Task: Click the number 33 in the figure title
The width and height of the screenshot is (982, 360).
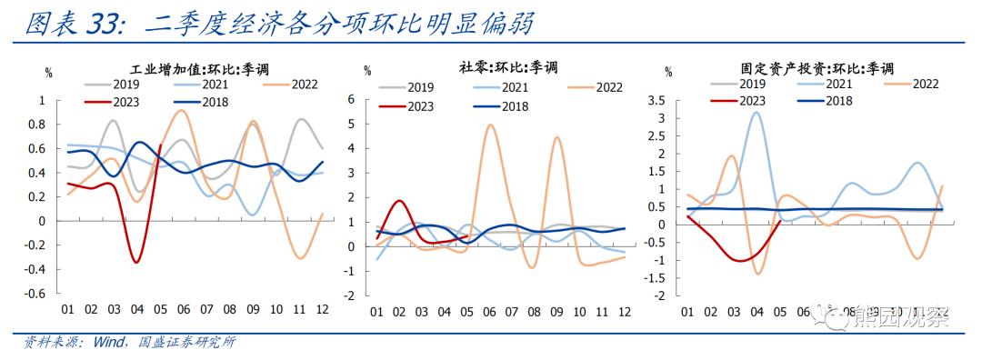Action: click(103, 25)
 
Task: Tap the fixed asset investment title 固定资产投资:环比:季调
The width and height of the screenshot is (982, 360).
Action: click(817, 68)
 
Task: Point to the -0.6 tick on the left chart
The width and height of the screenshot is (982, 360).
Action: click(35, 294)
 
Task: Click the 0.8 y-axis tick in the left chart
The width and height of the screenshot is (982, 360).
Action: click(37, 124)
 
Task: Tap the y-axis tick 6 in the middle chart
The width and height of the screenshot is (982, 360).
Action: click(352, 98)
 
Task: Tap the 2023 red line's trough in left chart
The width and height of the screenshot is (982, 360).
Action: click(136, 263)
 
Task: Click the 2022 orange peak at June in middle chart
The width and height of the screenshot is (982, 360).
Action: click(490, 125)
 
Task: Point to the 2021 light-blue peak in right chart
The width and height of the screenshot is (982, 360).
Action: click(756, 112)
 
